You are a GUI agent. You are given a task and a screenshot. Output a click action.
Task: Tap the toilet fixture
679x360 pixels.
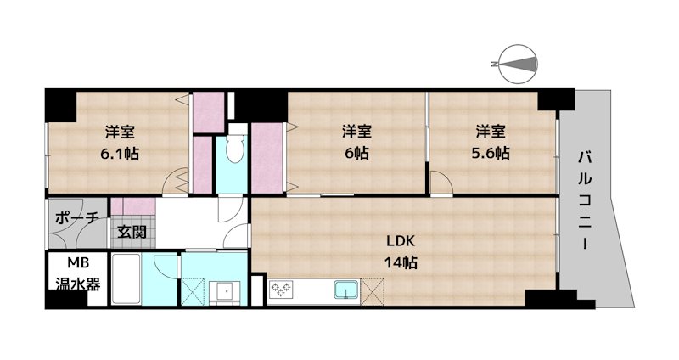pyautogui.click(x=235, y=149)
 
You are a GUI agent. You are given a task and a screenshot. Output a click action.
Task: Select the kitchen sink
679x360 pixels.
pyautogui.click(x=346, y=290)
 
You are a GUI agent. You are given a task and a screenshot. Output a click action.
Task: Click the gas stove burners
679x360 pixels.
pyautogui.click(x=282, y=289)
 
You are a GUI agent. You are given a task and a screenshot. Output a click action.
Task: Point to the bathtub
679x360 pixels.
pyautogui.click(x=126, y=278)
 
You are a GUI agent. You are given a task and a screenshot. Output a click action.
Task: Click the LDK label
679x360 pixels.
pyautogui.click(x=401, y=241)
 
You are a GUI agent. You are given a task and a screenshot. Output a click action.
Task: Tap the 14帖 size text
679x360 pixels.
pyautogui.click(x=401, y=262)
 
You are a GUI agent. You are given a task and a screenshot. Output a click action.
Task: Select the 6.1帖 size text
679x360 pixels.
pyautogui.click(x=120, y=154)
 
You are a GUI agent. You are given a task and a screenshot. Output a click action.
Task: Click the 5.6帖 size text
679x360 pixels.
pyautogui.click(x=491, y=153)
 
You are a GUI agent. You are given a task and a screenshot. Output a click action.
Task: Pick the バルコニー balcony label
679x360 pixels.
pyautogui.click(x=585, y=200)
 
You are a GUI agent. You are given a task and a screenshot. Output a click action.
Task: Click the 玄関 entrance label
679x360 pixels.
pyautogui.click(x=132, y=232)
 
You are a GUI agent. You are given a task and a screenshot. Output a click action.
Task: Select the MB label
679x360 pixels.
pyautogui.click(x=78, y=262)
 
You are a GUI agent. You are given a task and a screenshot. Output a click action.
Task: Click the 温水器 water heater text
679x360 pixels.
pyautogui.click(x=78, y=284)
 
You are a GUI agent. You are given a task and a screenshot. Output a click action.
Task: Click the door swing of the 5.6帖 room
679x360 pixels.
pyautogui.click(x=441, y=183)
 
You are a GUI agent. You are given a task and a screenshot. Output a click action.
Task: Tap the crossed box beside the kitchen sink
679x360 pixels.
pyautogui.click(x=373, y=290)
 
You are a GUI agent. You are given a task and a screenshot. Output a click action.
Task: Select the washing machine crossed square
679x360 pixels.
pyautogui.click(x=193, y=292)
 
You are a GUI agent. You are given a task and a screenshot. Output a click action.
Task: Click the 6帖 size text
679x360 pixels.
pyautogui.click(x=356, y=153)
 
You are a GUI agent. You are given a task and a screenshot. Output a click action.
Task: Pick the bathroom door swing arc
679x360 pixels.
pyautogui.click(x=166, y=265)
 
